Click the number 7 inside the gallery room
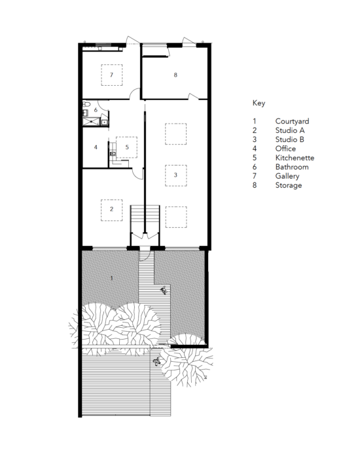coord(112,75)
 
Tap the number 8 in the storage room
coord(175,75)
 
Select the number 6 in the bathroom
coord(96,110)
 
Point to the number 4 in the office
coord(96,147)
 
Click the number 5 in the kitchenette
coord(127,147)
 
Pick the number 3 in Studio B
coord(175,175)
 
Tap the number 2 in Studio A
coord(112,209)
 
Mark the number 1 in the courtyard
coord(112,279)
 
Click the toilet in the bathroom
coord(86,105)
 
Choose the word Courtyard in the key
coord(292,122)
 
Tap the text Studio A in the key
coord(290,131)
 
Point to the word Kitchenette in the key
coord(295,158)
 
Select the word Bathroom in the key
coord(292,167)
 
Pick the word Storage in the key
coord(289,186)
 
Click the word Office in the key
coord(286,149)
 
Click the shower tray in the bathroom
coord(86,120)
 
